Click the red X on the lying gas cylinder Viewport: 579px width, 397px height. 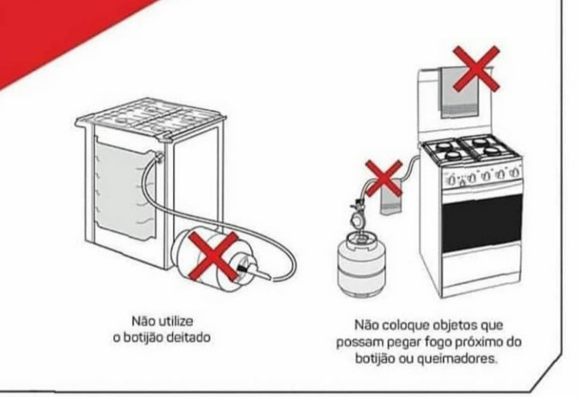(213, 256)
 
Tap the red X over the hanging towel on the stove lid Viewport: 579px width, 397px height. (476, 69)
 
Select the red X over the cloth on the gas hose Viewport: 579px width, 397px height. (384, 178)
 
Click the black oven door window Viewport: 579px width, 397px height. (482, 223)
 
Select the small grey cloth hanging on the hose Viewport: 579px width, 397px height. (392, 198)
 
